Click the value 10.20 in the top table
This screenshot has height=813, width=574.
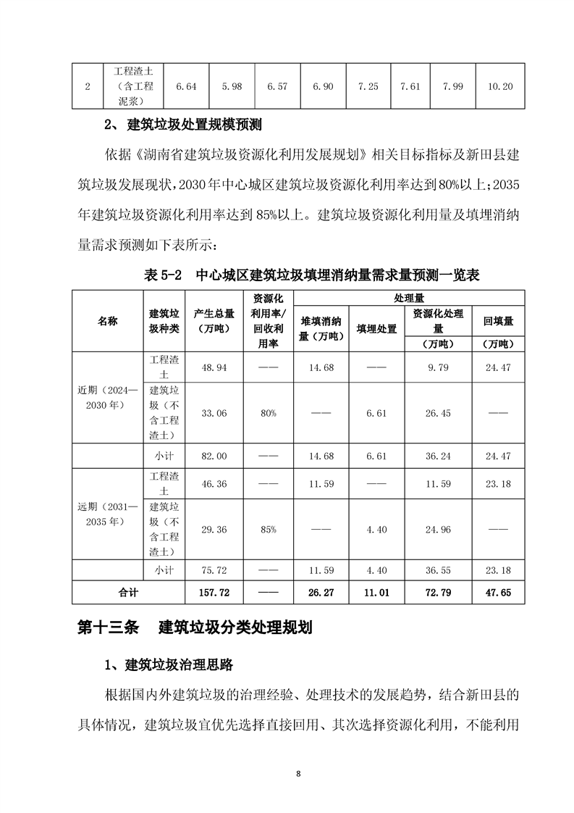[501, 86]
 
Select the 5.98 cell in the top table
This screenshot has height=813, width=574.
[232, 86]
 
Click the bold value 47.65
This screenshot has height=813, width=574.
[498, 592]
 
